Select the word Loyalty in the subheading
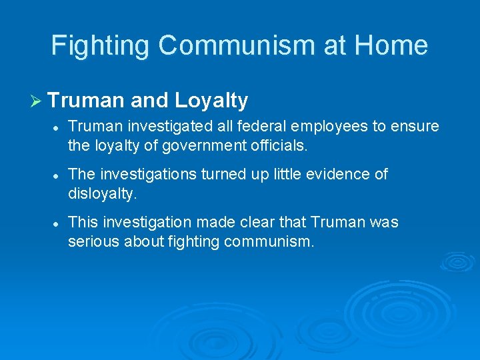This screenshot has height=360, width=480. (x=211, y=101)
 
